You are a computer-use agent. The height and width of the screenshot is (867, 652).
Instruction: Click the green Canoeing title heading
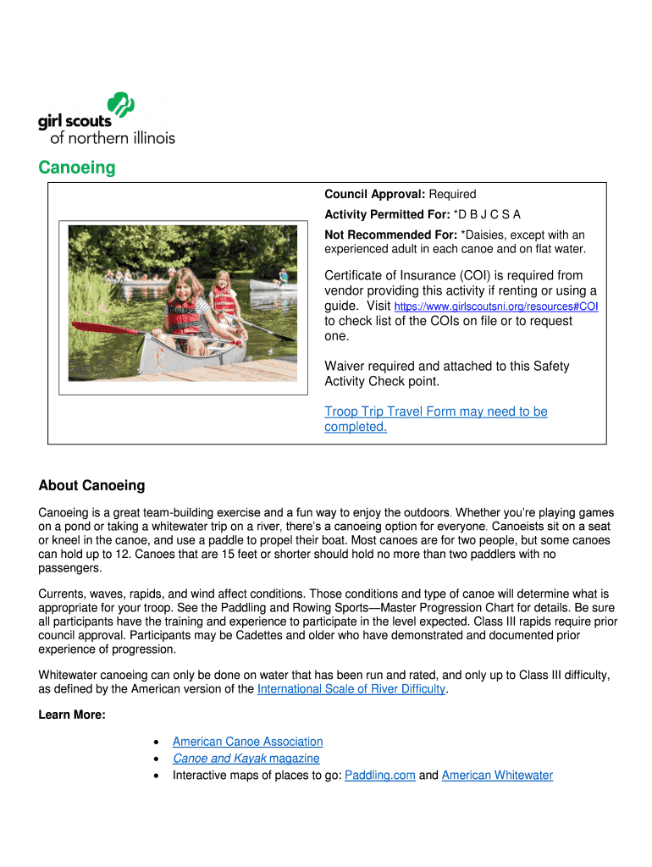click(77, 168)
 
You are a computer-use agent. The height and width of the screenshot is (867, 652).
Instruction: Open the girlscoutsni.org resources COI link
click(496, 306)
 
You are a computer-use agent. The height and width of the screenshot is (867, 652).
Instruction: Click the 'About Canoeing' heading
click(91, 485)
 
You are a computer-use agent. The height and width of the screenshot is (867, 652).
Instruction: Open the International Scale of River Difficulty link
click(351, 688)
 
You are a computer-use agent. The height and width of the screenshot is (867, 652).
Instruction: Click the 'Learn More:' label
click(72, 715)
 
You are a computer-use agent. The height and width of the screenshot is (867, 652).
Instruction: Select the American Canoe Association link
click(247, 741)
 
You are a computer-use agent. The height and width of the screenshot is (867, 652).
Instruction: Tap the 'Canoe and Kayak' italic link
click(219, 758)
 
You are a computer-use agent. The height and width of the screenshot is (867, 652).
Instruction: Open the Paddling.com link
click(380, 775)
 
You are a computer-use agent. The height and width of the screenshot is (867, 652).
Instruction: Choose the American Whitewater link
click(497, 775)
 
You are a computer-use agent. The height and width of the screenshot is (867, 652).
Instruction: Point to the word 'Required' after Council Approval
click(452, 194)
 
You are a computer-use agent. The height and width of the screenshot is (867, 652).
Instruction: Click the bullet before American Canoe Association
click(157, 742)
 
